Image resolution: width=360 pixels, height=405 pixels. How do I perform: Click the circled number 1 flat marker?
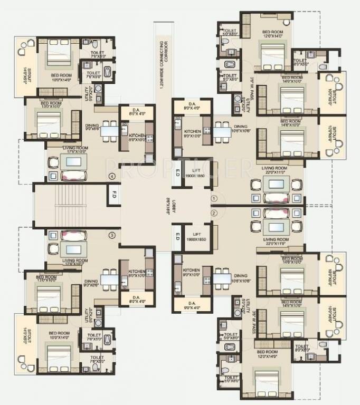click(214, 198)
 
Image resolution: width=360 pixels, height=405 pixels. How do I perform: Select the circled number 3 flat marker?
click(111, 235)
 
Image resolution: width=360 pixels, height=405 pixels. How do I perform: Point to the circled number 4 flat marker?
click(111, 176)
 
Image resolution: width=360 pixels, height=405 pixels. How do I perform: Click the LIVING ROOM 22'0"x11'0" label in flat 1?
click(277, 171)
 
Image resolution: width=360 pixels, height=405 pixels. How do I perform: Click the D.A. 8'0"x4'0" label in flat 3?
click(136, 300)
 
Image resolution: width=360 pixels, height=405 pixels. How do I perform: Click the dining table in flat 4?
click(110, 130)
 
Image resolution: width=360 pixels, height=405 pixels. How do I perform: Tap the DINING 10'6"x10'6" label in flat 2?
click(240, 278)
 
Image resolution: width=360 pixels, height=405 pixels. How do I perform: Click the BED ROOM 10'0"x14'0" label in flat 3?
click(60, 335)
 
